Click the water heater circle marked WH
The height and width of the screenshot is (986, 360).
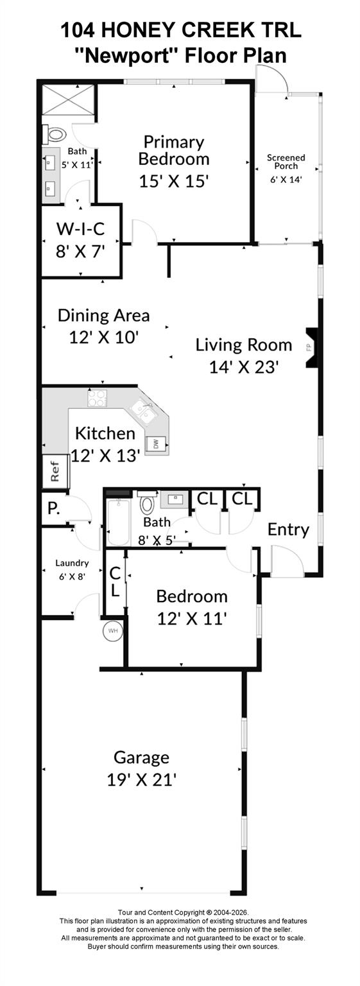113,631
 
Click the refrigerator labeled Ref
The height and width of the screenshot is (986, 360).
55,471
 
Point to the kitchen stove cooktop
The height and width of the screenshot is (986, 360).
97,398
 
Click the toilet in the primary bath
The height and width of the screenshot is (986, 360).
54,134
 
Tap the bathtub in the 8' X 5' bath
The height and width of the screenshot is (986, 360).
118,523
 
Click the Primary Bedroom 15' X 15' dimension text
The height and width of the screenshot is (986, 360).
173,181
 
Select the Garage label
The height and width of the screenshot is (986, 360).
141,757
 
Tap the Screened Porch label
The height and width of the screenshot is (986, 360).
286,162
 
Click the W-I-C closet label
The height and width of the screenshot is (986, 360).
81,229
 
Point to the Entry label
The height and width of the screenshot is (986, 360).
288,530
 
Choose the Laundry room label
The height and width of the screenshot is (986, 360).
72,563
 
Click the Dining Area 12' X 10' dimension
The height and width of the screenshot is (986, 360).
104,337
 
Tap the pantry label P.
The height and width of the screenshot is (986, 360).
54,508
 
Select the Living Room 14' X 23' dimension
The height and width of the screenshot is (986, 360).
243,367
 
